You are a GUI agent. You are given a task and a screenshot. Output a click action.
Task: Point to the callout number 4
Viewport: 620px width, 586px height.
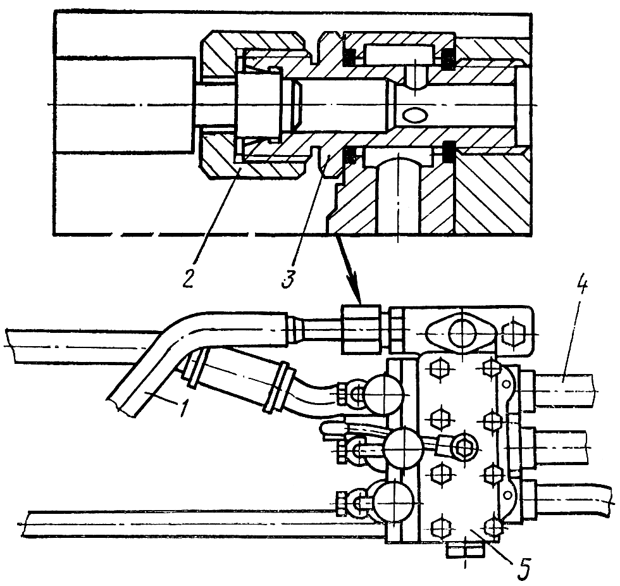tap(581, 290)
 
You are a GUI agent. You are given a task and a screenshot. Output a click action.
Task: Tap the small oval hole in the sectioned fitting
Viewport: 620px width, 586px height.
tap(416, 116)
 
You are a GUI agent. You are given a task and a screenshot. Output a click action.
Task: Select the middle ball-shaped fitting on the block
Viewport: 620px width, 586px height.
tap(402, 449)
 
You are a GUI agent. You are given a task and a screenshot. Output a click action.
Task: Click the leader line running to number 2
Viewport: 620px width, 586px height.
tap(215, 215)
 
